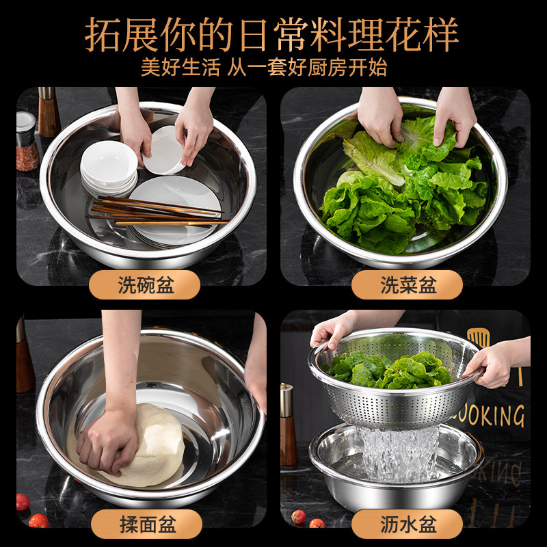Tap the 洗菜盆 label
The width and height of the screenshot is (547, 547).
(408, 285)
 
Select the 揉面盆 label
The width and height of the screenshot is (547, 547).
(146, 524)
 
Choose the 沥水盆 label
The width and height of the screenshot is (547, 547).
(408, 524)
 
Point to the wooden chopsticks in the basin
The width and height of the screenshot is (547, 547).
(157, 211)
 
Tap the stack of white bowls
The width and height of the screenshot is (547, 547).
(108, 168)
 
